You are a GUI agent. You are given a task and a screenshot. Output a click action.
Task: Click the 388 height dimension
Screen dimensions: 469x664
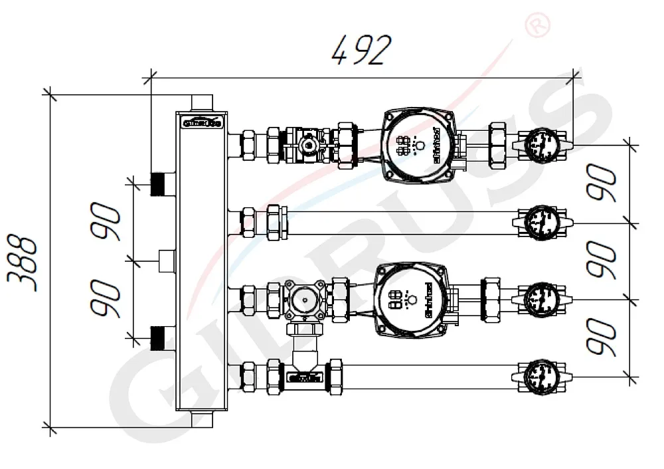(x=24, y=260)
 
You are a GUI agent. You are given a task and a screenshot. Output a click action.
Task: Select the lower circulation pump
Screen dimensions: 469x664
(x=411, y=296)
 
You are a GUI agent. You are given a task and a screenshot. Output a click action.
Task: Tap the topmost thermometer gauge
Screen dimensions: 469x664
(x=541, y=143)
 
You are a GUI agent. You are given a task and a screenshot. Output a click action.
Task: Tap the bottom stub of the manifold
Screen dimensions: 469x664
(x=201, y=419)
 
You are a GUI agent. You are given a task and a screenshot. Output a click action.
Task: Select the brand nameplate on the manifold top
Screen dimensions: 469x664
(x=202, y=122)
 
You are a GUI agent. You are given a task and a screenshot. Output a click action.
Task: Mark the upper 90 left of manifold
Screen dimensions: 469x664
(x=106, y=222)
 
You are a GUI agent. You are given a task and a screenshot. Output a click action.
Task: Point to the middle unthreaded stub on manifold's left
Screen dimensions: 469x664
(x=167, y=260)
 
